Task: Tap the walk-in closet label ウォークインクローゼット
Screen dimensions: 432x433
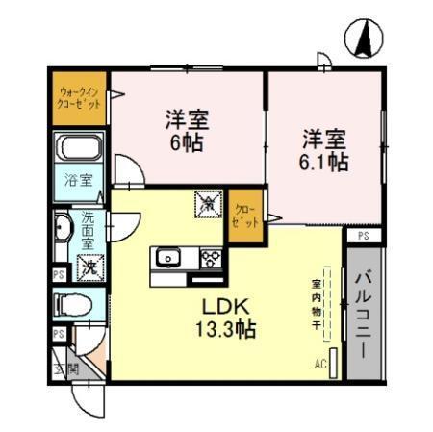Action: [78, 97]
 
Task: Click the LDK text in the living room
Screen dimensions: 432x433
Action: [226, 307]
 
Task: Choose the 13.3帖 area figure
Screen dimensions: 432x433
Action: [226, 329]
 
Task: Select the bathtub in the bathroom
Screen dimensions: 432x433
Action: [79, 149]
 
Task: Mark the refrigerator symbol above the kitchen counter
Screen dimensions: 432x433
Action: [208, 203]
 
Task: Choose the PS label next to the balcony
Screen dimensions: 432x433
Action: [362, 235]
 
